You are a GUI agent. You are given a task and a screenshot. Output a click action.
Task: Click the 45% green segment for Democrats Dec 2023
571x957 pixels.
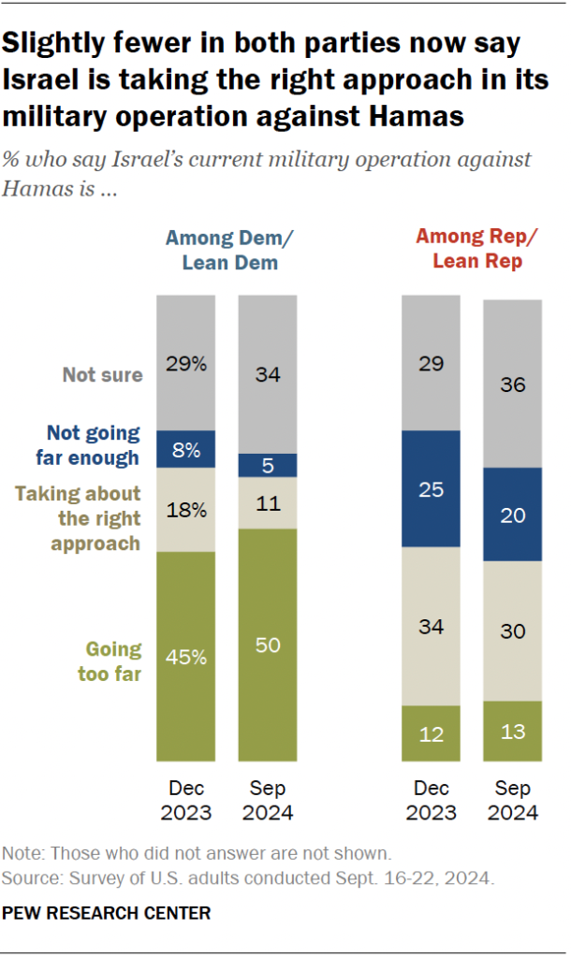coord(185,657)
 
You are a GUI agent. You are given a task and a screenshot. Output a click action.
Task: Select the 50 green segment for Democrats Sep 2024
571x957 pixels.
coord(268,645)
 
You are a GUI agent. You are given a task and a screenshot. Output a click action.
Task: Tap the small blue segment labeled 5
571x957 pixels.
coord(268,466)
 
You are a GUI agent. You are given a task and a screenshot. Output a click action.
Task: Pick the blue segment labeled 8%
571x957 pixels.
coord(185,449)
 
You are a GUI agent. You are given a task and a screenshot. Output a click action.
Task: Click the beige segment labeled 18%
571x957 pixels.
coord(185,510)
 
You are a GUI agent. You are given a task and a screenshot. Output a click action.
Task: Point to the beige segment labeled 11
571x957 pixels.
coord(268,503)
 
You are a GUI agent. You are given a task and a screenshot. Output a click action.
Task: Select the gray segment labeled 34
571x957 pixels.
coord(268,374)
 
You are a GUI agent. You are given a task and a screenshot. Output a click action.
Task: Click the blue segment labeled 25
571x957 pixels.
coord(431,488)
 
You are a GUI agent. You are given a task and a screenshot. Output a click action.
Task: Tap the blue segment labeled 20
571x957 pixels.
coord(513,515)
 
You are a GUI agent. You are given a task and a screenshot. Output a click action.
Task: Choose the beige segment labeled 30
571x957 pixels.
coord(513,631)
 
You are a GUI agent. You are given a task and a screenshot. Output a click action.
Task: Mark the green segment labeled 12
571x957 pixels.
coord(431,733)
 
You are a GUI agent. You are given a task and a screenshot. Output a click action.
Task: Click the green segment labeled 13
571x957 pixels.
coord(513,731)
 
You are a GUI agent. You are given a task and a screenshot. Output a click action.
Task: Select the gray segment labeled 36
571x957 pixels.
coord(513,384)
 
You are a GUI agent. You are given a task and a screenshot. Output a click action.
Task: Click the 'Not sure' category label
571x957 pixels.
coord(103,375)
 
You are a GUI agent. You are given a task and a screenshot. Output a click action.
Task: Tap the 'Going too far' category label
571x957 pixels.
coord(112,660)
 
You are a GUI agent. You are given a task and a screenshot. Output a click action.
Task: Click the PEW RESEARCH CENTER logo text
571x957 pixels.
coord(107,912)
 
